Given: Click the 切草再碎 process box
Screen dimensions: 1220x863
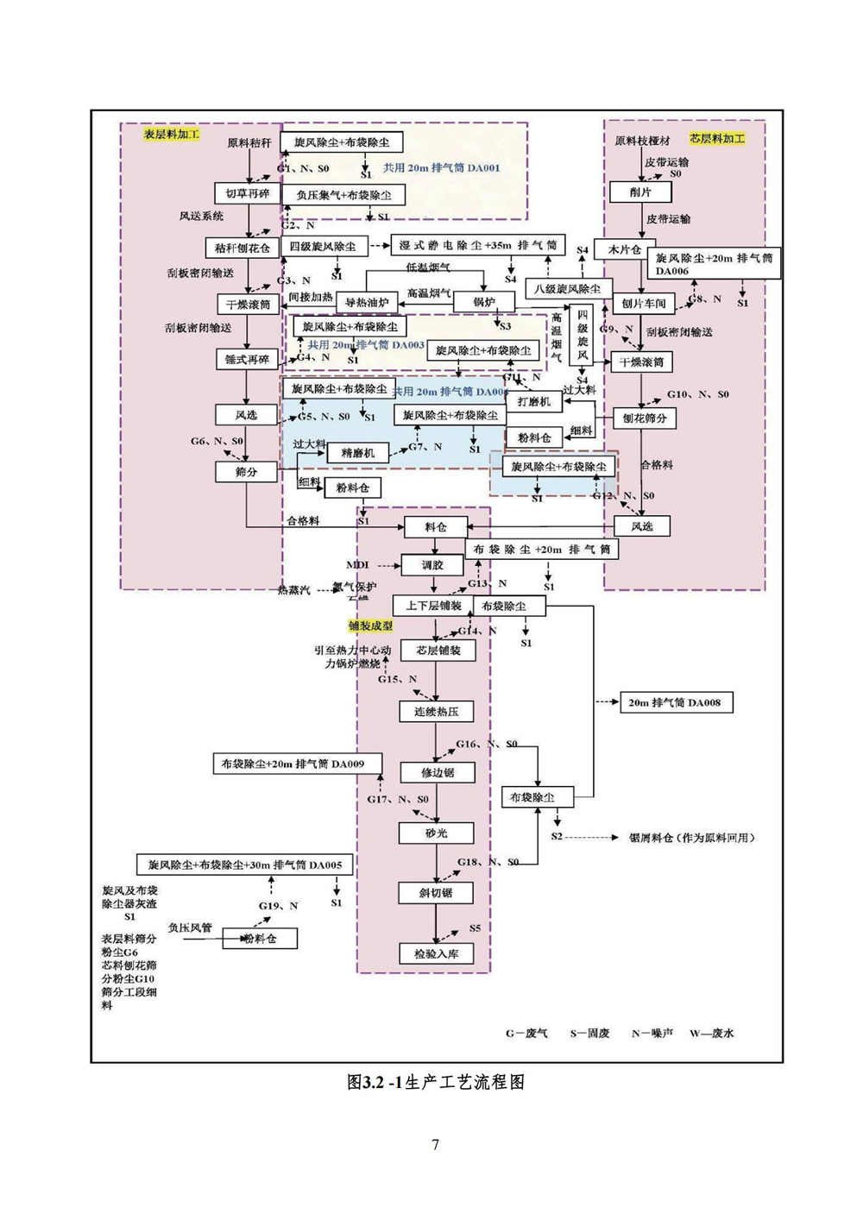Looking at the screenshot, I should click(x=247, y=193).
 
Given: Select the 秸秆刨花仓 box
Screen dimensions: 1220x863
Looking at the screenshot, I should click(x=243, y=248).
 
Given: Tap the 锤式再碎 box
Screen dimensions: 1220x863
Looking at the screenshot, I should click(x=247, y=359).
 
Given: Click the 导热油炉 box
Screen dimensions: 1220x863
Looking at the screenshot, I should click(x=367, y=303).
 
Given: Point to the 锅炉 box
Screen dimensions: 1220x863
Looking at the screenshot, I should click(x=484, y=302).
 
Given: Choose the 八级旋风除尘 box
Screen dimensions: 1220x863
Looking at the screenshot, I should click(x=567, y=289).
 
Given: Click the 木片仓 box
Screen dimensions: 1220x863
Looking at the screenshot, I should click(x=625, y=249).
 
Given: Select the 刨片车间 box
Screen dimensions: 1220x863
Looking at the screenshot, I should click(x=644, y=304).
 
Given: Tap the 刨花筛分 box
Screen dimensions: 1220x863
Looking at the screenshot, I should click(x=645, y=418).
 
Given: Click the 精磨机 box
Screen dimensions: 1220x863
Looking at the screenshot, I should click(x=357, y=452).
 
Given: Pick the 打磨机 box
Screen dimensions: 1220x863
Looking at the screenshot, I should click(x=533, y=401).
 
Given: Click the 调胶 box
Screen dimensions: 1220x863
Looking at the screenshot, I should click(x=432, y=565).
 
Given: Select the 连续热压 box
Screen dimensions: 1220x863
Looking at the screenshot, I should click(x=436, y=712).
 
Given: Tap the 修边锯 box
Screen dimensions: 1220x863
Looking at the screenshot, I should click(x=437, y=772).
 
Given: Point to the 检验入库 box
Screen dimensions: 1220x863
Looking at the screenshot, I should click(x=436, y=953).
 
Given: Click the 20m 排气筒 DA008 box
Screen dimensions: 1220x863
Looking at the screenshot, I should click(x=674, y=702).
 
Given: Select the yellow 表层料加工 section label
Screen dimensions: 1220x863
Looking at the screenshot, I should click(x=171, y=135).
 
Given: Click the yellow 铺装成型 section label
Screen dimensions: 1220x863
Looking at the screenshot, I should click(x=371, y=626).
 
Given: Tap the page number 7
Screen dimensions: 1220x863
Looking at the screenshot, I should click(x=435, y=1144).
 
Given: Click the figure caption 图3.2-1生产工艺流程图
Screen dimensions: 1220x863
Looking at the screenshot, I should click(x=435, y=1082).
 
